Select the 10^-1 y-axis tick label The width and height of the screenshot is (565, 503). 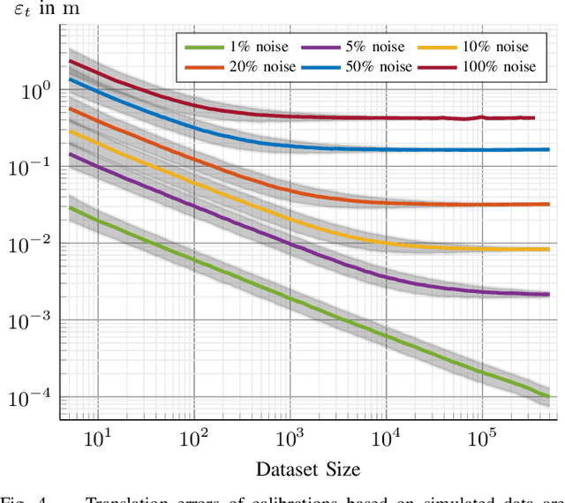(32, 167)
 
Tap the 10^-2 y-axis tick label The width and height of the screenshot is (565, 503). (32, 244)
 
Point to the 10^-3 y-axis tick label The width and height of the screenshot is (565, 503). (32, 320)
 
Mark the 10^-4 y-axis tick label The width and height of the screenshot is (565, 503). (32, 397)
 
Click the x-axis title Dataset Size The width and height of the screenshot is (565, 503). (308, 468)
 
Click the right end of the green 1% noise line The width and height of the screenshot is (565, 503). (548, 396)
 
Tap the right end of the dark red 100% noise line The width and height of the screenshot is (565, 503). (534, 117)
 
